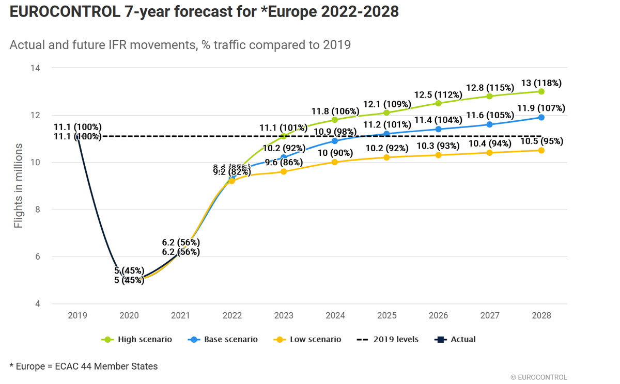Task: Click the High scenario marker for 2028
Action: (x=541, y=91)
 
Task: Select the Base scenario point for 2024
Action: (x=335, y=141)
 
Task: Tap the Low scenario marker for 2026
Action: (x=438, y=155)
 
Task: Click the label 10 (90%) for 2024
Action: (x=335, y=153)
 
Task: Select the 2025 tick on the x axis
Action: (x=386, y=315)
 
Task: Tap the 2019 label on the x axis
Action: (x=78, y=315)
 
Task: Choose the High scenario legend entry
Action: (x=137, y=339)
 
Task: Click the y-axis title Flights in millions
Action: (x=19, y=186)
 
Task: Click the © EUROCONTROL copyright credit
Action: (x=538, y=377)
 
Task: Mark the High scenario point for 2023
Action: (x=283, y=136)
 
